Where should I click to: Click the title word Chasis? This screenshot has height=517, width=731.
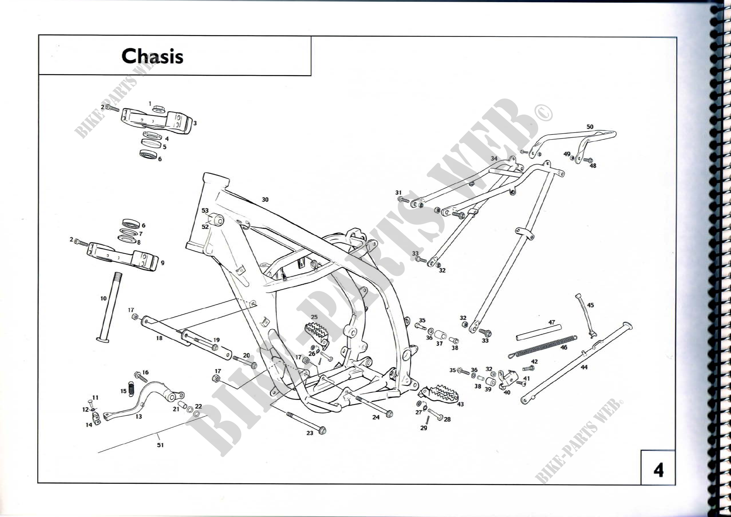[152, 56]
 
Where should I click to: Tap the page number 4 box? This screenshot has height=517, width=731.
[658, 470]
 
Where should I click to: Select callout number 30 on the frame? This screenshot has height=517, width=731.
[265, 200]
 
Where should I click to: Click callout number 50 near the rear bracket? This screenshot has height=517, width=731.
[590, 127]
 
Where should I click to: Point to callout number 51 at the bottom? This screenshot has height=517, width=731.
[160, 445]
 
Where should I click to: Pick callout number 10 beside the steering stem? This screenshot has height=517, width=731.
[103, 298]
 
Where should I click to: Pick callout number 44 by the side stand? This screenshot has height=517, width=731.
[584, 367]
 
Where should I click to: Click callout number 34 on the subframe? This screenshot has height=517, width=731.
[494, 158]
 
